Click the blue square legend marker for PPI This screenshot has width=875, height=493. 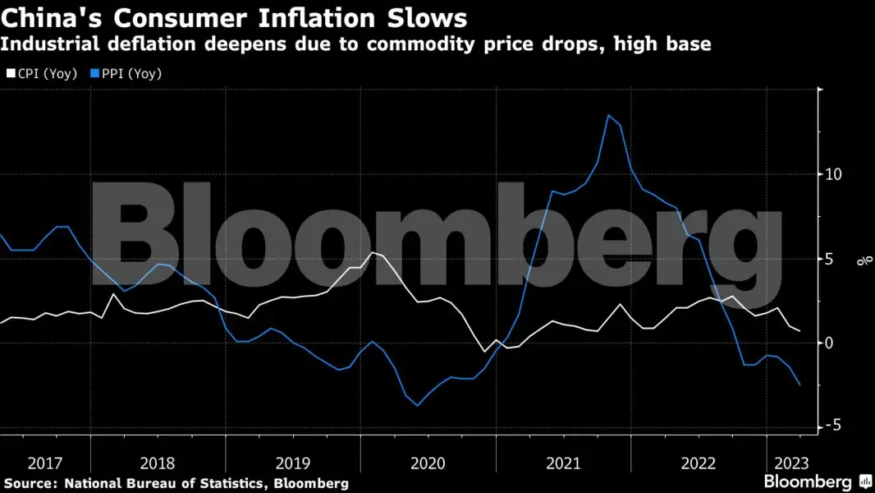tap(94, 74)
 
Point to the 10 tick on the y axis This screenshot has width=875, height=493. tap(834, 174)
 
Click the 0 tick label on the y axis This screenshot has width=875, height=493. tap(830, 342)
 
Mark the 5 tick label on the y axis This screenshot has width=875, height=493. tap(830, 258)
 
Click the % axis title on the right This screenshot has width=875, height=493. tap(864, 261)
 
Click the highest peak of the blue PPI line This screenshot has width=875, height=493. tap(608, 115)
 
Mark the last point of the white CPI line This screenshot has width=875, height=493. tap(800, 331)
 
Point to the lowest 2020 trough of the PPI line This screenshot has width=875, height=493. tap(417, 405)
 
